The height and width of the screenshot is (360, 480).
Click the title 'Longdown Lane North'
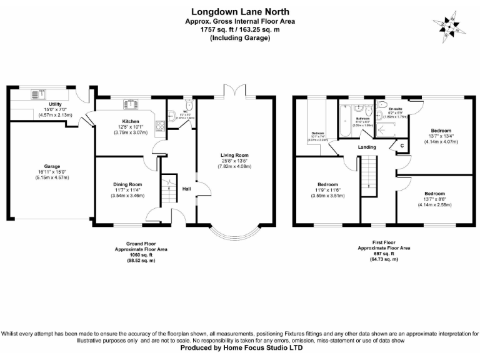[241, 11]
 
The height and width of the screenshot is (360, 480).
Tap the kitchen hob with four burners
[159, 124]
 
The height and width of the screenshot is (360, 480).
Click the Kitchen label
[130, 121]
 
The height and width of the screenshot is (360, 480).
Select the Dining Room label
[127, 184]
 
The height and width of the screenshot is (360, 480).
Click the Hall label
[186, 188]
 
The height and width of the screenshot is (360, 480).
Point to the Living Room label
[234, 155]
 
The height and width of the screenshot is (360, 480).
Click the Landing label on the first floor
[367, 147]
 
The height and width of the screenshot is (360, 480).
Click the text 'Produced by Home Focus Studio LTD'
[241, 347]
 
